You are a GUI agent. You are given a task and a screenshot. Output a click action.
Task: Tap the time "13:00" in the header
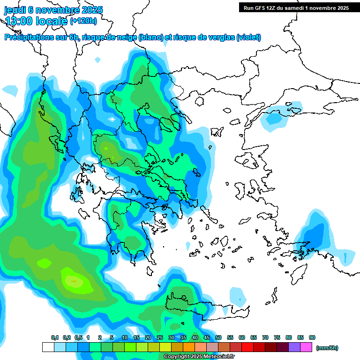pyautogui.click(x=19, y=21)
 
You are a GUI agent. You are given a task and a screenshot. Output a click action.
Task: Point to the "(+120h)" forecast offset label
pyautogui.click(x=83, y=21)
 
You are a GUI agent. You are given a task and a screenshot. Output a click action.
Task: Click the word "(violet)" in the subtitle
pyautogui.click(x=248, y=37)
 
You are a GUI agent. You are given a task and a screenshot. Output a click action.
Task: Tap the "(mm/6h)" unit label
pyautogui.click(x=327, y=348)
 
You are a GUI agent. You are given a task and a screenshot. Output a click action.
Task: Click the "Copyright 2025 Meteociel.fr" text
pyautogui.click(x=199, y=357)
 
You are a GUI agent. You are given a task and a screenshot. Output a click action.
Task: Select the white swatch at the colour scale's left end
pyautogui.click(x=48, y=347)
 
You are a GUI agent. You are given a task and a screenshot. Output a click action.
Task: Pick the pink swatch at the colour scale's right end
pyautogui.click(x=306, y=347)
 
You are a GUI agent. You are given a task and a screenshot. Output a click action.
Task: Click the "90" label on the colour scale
pyautogui.click(x=312, y=338)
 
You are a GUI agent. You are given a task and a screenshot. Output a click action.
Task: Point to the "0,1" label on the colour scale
pyautogui.click(x=55, y=338)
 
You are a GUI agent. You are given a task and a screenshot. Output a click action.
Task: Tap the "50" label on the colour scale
pyautogui.click(x=218, y=338)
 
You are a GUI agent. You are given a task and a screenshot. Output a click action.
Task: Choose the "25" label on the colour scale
pyautogui.click(x=160, y=338)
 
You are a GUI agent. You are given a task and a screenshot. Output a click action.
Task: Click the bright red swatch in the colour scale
pyautogui.click(x=247, y=347)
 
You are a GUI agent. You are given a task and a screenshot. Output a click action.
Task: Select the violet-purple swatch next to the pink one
pyautogui.click(x=294, y=347)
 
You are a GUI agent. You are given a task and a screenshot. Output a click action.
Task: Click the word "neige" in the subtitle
pyautogui.click(x=126, y=37)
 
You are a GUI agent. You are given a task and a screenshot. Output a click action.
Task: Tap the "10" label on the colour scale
pyautogui.click(x=125, y=338)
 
